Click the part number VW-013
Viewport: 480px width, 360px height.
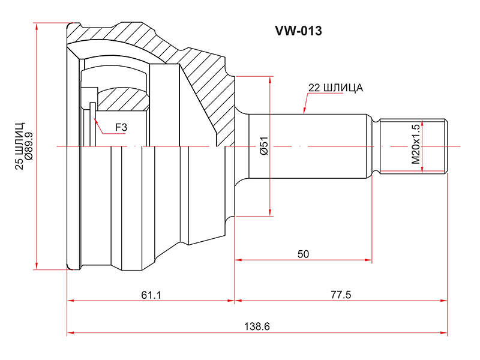298,31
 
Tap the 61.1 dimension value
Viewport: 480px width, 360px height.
151,295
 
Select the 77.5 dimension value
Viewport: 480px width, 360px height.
341,295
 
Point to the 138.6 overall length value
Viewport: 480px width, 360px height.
257,326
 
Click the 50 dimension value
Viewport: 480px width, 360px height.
303,254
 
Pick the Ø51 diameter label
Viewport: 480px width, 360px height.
263,146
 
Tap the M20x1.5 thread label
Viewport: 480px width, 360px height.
416,144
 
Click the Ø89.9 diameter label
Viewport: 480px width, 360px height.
29,146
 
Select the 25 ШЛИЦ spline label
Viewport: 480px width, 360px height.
19,146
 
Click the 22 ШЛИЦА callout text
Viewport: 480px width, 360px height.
335,88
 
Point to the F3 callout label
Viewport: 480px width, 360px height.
121,127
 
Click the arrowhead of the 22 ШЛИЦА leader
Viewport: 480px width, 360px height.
304,110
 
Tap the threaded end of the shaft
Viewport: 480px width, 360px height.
413,146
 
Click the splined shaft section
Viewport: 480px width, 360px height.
308,146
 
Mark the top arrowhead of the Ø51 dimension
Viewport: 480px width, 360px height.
269,80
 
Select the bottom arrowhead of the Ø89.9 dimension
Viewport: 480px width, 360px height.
37,266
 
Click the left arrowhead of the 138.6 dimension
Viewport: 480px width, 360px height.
71,332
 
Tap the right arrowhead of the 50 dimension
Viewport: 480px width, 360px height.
368,260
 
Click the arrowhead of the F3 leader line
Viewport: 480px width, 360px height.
95,121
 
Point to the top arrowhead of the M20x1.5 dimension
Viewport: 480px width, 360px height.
422,124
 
